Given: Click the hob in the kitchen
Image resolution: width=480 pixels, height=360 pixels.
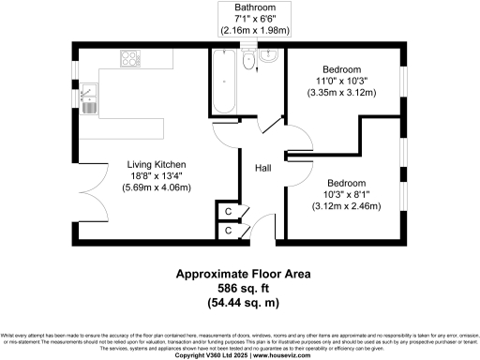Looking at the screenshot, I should click(x=129, y=59).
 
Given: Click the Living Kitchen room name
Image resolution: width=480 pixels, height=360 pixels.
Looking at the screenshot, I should click(x=157, y=164).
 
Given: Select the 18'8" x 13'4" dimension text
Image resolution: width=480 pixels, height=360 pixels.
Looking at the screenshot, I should click(x=157, y=175).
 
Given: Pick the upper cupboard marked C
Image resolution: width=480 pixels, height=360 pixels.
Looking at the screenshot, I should click(x=229, y=210).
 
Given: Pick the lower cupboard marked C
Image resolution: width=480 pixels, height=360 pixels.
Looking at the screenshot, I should click(x=229, y=230).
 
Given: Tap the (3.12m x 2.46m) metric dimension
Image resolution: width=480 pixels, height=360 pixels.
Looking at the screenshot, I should click(x=347, y=205).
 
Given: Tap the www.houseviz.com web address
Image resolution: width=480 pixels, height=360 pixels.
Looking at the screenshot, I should click(x=280, y=355).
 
